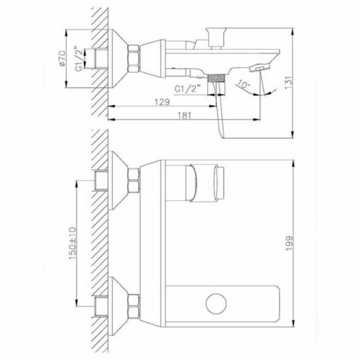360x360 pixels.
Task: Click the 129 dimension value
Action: pos(162,102)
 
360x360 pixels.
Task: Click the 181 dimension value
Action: pos(185,115)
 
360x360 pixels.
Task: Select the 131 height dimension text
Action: pos(289,82)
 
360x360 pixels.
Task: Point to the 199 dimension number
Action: pos(289,243)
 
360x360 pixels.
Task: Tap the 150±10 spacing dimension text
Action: pos(72,243)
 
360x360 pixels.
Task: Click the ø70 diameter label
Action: pos(62,59)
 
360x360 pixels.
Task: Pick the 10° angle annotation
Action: pos(243,84)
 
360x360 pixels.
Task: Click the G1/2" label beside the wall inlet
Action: pos(79,59)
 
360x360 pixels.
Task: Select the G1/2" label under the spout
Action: pos(188,89)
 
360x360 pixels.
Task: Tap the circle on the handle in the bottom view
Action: pos(217,303)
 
